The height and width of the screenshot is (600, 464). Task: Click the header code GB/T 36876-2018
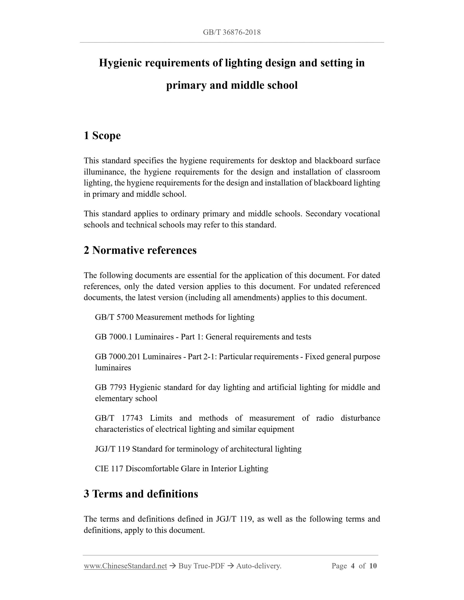pos(232,32)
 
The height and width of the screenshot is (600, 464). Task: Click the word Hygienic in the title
pos(120,63)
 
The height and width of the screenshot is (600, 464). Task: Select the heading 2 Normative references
pos(140,250)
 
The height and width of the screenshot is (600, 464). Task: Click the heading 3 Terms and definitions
pos(141,494)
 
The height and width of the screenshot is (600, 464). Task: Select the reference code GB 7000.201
pos(117,357)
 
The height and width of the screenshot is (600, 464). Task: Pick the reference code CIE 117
pos(109,468)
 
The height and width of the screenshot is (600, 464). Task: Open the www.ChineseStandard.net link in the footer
pos(125,566)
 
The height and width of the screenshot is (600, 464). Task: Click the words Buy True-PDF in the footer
pos(201,566)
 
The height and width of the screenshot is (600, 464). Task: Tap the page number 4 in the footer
pos(353,566)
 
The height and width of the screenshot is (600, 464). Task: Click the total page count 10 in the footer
pos(373,566)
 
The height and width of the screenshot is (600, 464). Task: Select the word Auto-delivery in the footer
pos(258,566)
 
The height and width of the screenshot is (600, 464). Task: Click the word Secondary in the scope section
pos(319,214)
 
